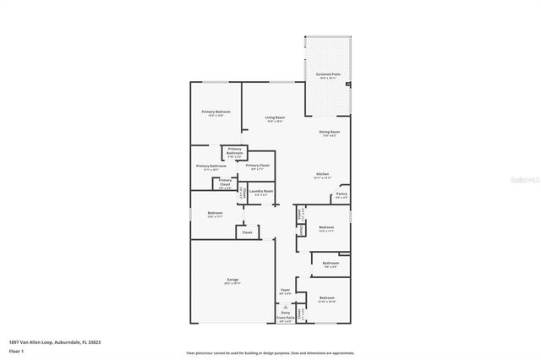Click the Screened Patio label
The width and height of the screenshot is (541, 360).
click(x=329, y=75)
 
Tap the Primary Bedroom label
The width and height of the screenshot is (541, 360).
click(x=216, y=112)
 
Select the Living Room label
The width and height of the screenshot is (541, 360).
click(x=275, y=117)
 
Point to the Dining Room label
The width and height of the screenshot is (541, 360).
click(x=329, y=132)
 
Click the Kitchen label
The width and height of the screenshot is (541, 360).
click(x=323, y=174)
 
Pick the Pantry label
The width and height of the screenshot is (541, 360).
click(x=341, y=194)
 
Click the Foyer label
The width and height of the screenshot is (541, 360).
click(x=286, y=291)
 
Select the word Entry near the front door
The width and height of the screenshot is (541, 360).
click(x=285, y=314)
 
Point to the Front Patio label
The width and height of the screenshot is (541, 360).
click(x=285, y=319)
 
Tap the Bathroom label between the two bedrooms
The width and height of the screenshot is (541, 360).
click(x=331, y=263)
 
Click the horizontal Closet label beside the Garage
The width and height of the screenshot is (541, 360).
click(x=247, y=232)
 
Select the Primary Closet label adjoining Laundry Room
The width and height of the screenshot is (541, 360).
click(x=258, y=166)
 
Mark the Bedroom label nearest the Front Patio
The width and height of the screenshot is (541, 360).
click(x=326, y=298)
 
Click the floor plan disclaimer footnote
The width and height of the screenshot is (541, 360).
click(x=270, y=352)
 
